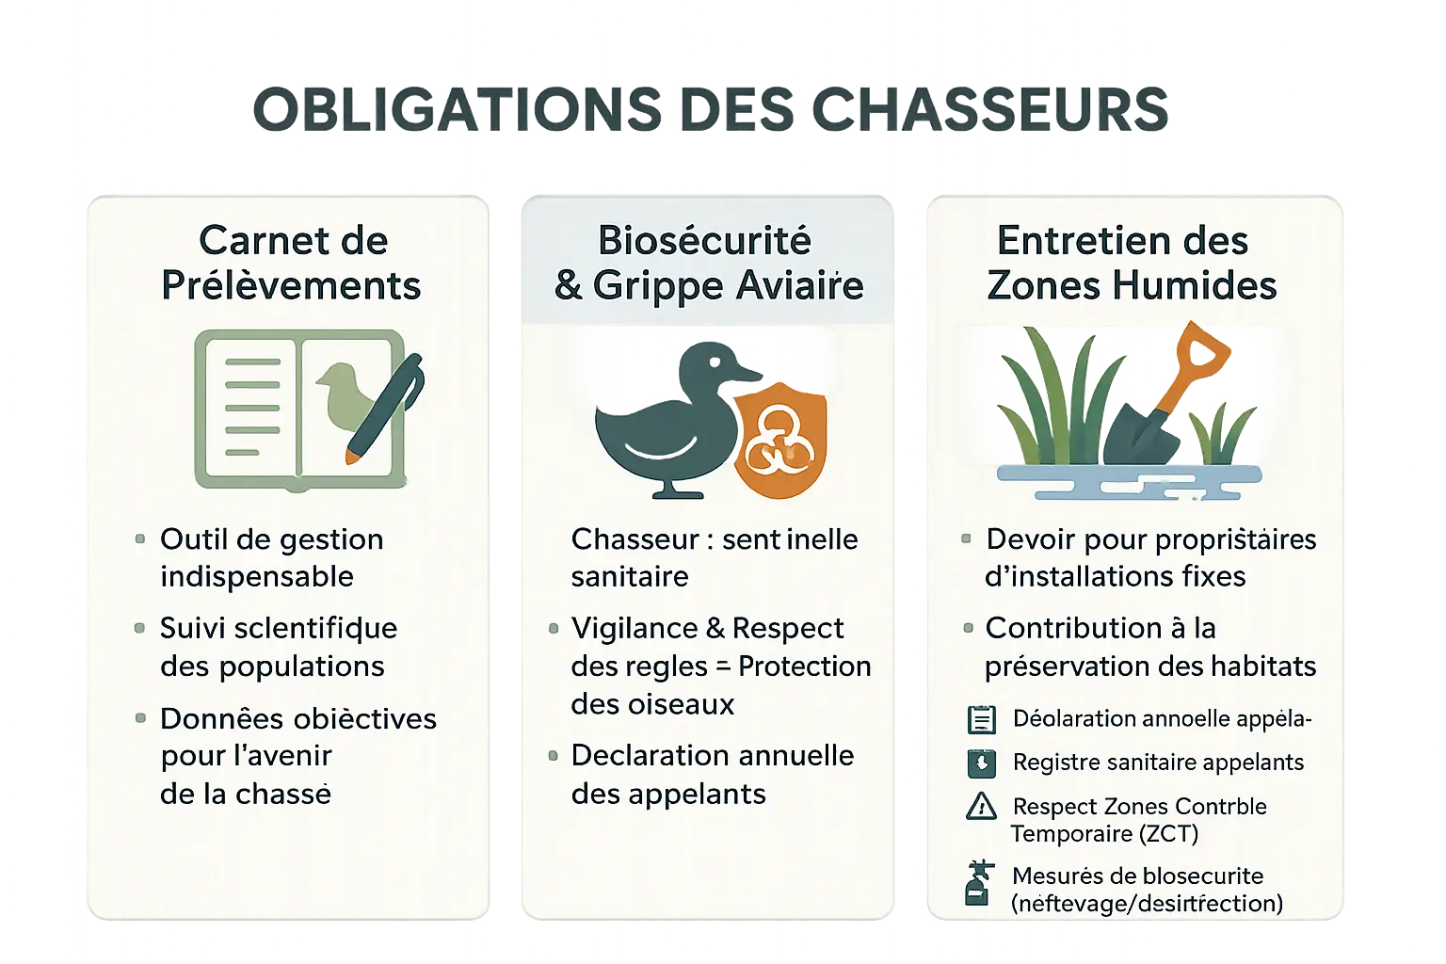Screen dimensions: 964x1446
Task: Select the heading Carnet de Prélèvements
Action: pos(292,263)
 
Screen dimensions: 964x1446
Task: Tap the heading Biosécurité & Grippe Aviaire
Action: pos(708,263)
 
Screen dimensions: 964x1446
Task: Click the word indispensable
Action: pos(256,576)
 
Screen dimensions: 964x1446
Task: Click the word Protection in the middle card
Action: pos(804,667)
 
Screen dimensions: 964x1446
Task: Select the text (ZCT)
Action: pos(1169,834)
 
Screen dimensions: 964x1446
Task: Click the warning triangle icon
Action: pos(981,807)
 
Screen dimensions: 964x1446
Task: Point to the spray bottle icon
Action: pos(979,883)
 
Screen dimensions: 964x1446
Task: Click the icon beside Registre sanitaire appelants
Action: pos(981,763)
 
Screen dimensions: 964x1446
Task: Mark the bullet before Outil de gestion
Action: pos(140,539)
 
